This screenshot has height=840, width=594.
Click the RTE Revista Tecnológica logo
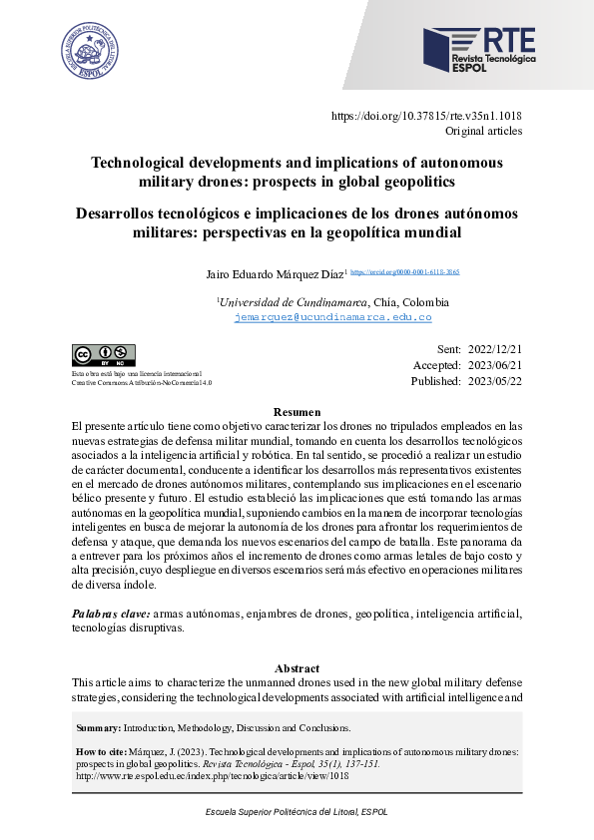(478, 51)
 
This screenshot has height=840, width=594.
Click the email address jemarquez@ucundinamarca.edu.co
(332, 317)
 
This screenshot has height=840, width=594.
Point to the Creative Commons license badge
(103, 355)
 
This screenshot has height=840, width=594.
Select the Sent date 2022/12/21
(494, 349)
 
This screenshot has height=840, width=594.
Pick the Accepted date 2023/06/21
(494, 365)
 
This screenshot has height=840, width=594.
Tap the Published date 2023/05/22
(494, 381)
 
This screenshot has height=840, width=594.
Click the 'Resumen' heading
(297, 412)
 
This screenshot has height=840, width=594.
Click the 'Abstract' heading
(297, 667)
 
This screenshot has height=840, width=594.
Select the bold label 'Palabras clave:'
(111, 614)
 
